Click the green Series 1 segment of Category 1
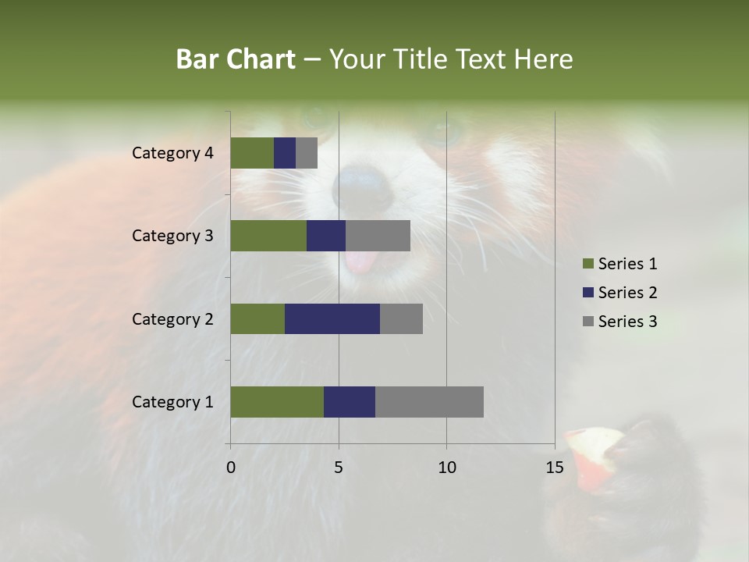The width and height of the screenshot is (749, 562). tap(277, 402)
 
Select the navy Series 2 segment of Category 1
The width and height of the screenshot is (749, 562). tap(350, 402)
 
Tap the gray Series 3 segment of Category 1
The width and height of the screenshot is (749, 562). tap(429, 402)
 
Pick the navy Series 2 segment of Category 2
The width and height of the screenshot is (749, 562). tap(332, 318)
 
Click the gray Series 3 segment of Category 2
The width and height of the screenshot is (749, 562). tap(401, 318)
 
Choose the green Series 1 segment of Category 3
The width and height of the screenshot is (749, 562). tap(268, 236)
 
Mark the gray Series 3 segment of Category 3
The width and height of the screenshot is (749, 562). tap(378, 236)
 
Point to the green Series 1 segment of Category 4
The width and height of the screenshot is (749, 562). tap(252, 153)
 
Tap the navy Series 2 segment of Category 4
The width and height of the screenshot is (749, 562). tap(285, 153)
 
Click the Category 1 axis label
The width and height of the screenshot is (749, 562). tap(172, 402)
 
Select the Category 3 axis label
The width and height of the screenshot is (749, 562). tap(172, 236)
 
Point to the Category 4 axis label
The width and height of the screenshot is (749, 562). tap(172, 153)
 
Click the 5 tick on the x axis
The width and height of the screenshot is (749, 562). tap(339, 468)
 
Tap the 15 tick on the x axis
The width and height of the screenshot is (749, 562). tap(554, 468)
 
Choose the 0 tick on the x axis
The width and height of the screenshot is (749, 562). tap(231, 468)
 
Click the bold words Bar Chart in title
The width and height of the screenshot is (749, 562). tap(236, 59)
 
